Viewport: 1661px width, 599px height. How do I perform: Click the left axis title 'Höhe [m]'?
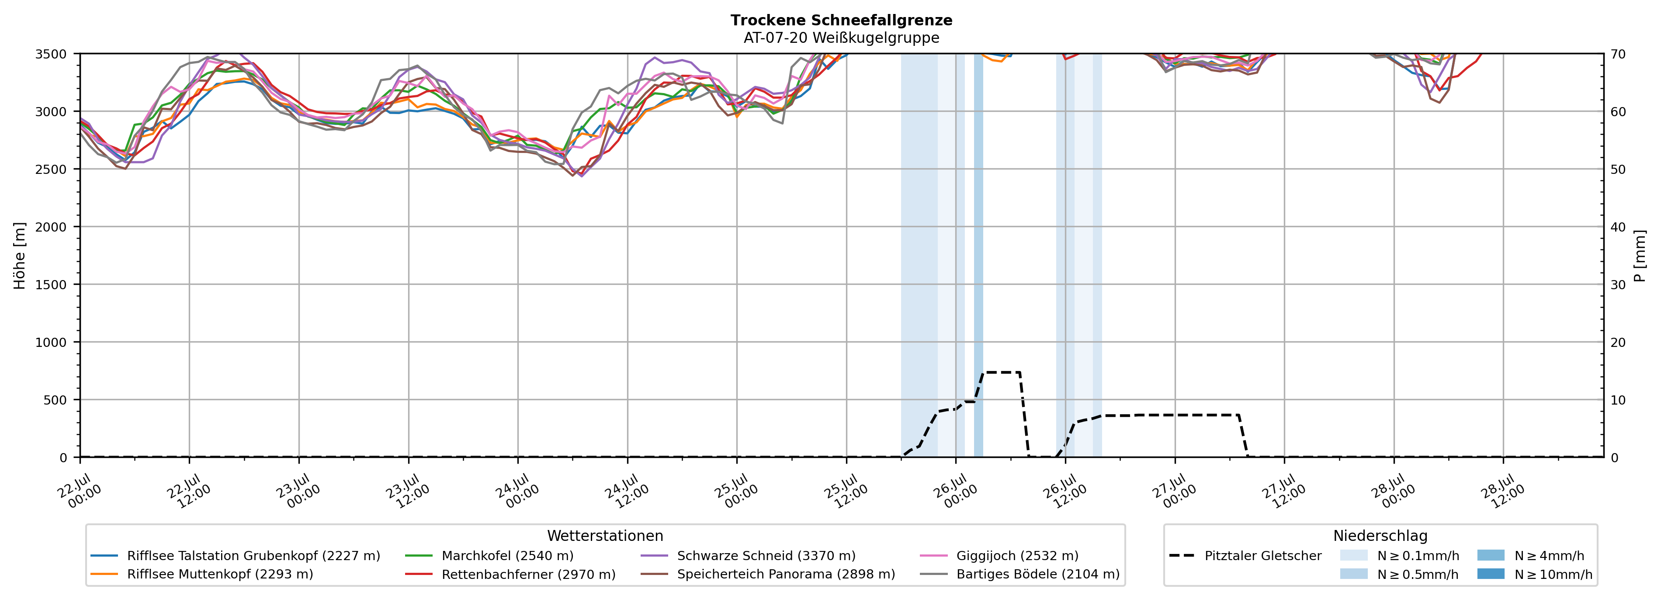pos(20,255)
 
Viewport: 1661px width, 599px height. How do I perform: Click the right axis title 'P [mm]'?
pos(1640,255)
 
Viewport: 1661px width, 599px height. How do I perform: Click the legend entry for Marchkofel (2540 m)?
pos(489,556)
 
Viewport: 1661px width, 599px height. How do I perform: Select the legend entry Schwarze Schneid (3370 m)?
pos(748,556)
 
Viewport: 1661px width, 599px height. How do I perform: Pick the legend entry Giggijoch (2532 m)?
pos(999,556)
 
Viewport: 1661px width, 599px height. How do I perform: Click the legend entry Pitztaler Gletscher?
pos(1245,556)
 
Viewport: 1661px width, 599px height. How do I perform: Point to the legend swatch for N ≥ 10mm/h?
pos(1491,574)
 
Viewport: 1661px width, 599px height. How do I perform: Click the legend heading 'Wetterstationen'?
pos(605,536)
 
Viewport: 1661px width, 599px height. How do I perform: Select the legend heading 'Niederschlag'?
pos(1380,536)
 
